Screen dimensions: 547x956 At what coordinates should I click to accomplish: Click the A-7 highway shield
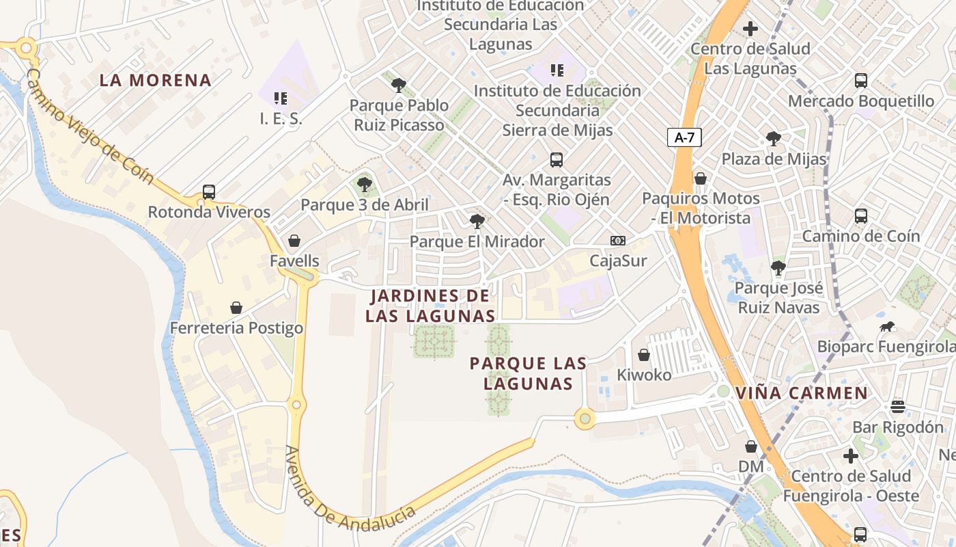click(684, 137)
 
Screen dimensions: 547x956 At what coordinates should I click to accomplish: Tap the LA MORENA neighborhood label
click(156, 80)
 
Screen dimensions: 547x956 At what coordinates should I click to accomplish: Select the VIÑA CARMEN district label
click(802, 393)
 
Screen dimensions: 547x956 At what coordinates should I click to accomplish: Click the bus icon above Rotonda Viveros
click(209, 192)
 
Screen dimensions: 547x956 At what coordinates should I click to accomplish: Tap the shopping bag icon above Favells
click(294, 241)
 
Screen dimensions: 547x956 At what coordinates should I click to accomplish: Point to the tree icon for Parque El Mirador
click(477, 221)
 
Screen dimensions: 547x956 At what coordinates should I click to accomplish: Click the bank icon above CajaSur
click(618, 241)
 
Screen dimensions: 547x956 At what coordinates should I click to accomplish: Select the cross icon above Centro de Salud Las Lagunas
click(750, 29)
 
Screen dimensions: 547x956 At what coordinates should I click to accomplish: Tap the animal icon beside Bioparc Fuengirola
click(888, 327)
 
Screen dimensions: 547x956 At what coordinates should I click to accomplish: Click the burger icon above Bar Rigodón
click(898, 407)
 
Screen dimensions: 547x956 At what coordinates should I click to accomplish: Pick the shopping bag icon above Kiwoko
click(644, 355)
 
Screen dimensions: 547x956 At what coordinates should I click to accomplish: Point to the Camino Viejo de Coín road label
click(90, 126)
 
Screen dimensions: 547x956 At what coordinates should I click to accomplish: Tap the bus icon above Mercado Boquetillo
click(861, 81)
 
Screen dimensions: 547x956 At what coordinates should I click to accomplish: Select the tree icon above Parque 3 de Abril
click(365, 184)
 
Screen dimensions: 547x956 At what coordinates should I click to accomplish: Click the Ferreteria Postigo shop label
click(236, 328)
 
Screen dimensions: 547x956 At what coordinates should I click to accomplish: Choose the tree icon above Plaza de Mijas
click(774, 139)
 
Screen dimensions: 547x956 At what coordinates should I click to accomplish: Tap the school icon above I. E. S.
click(280, 98)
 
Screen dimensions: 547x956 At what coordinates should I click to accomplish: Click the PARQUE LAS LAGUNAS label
click(528, 373)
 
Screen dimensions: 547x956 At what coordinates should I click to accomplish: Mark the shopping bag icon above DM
click(751, 446)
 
